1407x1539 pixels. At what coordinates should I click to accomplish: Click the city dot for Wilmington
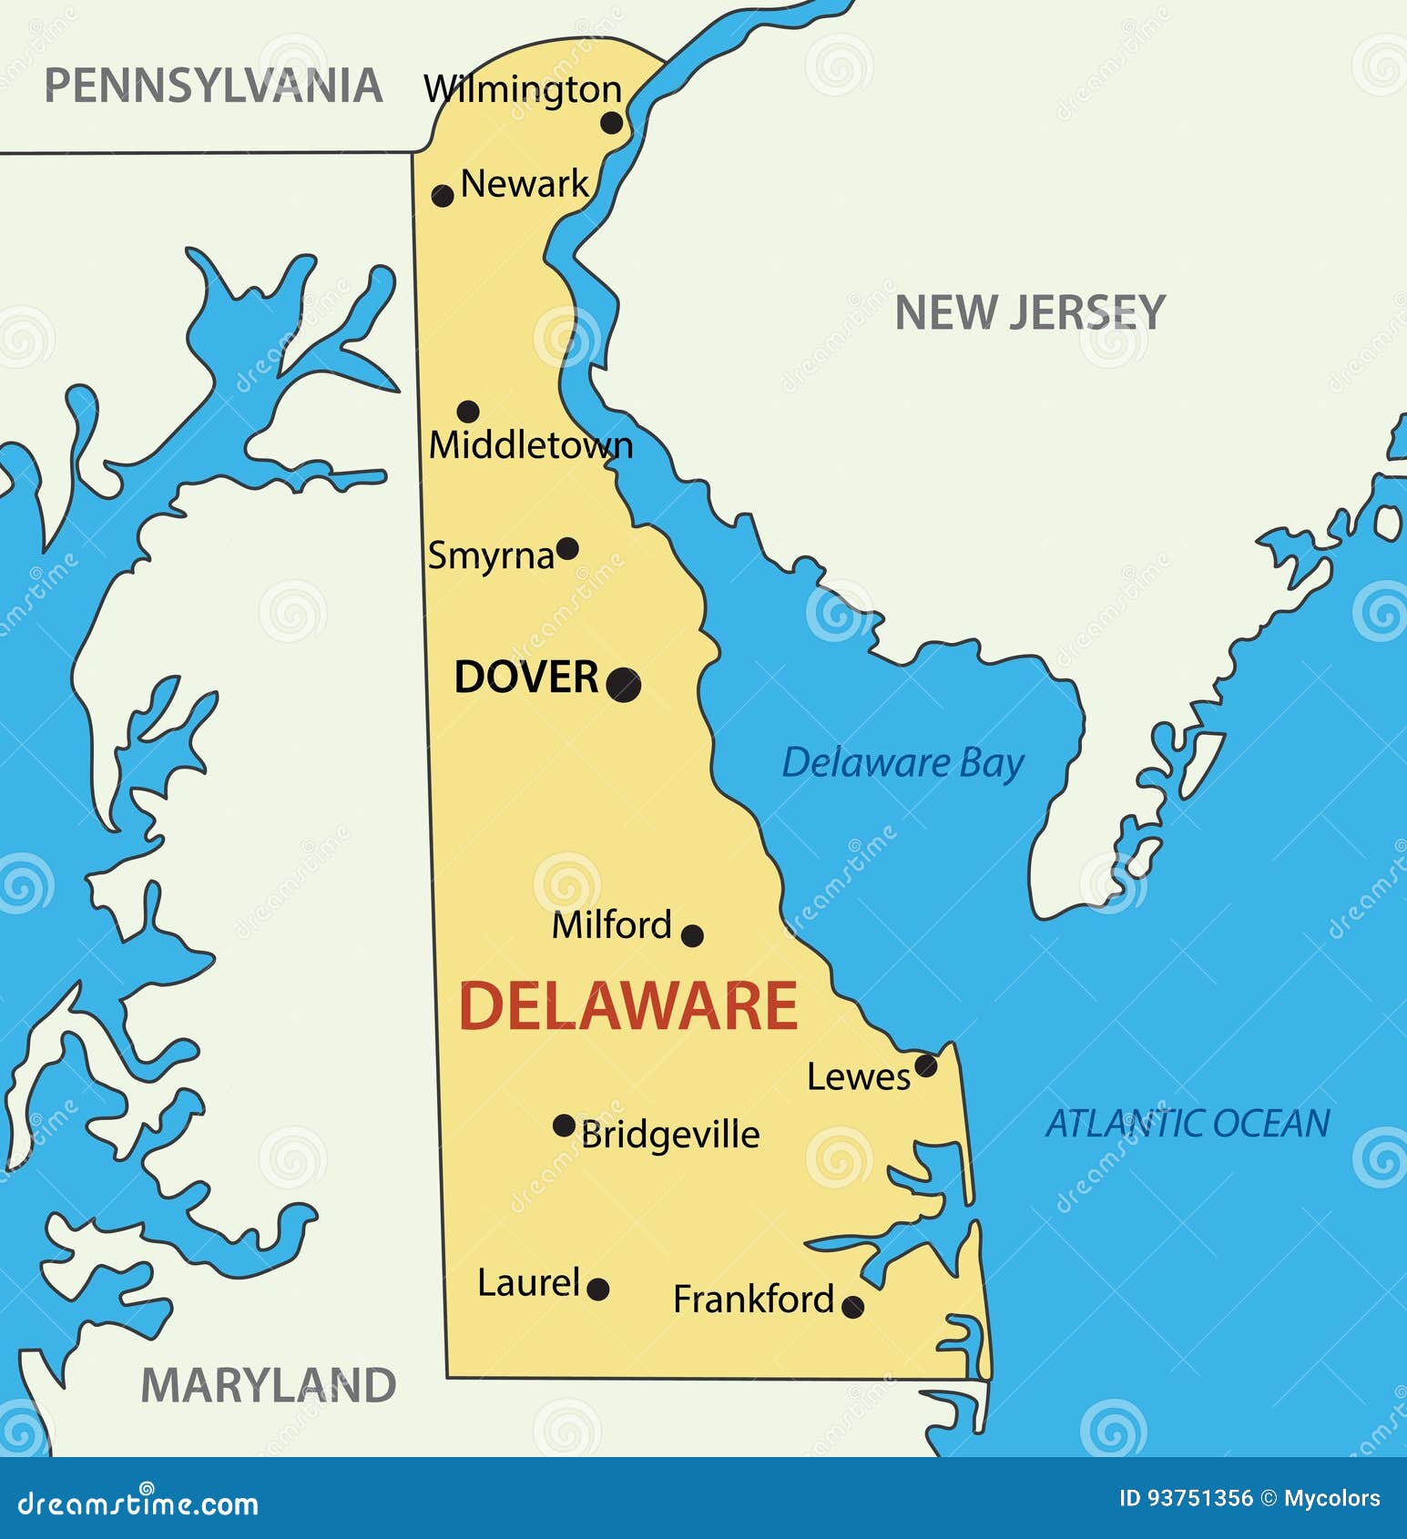612,123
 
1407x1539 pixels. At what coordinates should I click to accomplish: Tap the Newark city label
525,184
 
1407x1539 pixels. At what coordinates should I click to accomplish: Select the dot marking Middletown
468,411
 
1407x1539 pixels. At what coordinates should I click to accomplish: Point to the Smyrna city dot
567,548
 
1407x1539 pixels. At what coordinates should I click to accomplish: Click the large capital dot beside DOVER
624,684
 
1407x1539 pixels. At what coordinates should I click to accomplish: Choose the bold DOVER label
526,678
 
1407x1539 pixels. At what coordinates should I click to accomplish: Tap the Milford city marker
692,935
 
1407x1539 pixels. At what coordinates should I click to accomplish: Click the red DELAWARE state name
627,1006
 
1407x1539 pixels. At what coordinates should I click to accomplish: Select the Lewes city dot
926,1065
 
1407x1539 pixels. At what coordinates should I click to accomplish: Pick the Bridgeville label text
670,1135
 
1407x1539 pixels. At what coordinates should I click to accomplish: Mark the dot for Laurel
598,1289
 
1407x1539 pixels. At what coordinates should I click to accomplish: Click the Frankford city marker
852,1307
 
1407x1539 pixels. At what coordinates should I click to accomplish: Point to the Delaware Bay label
902,763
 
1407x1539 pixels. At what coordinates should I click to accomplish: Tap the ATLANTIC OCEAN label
1188,1123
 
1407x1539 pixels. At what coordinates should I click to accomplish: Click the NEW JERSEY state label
1030,313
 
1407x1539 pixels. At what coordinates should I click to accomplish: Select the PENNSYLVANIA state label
213,87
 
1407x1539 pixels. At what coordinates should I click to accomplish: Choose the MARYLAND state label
269,1385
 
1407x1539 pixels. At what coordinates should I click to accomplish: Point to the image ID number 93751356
1198,1498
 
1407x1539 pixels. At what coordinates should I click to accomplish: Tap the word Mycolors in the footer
1331,1498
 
